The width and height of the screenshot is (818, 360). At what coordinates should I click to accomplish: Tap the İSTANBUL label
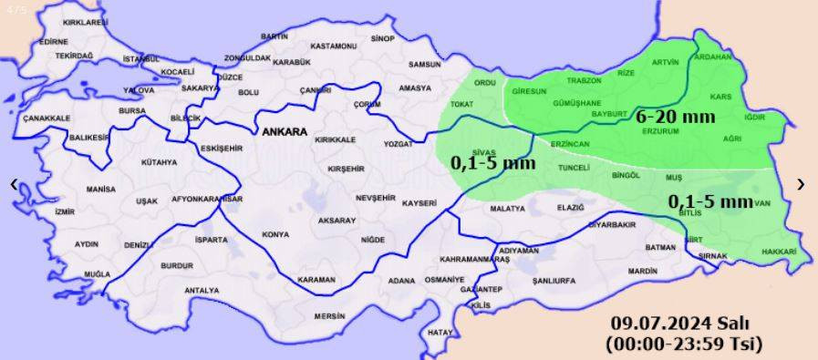(140, 59)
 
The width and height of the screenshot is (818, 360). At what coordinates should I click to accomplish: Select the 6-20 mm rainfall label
(675, 117)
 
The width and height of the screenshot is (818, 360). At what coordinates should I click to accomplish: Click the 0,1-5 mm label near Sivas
(492, 164)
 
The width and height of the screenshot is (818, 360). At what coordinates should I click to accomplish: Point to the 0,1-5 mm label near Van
(710, 201)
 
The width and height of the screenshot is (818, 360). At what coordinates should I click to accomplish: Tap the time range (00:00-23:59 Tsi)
(682, 344)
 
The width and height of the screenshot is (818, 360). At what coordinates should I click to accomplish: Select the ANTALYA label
(202, 291)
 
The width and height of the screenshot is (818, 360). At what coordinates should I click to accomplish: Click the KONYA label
(275, 234)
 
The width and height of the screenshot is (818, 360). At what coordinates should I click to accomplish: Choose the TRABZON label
(585, 80)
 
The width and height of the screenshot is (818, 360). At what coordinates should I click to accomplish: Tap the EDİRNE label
(54, 41)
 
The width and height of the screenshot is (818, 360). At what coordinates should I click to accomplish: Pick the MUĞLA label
(97, 273)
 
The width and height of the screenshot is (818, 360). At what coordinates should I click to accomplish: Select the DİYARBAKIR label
(610, 223)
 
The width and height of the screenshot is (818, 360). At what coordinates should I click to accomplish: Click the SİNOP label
(383, 38)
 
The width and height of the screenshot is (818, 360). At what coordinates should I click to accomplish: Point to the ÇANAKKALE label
(47, 118)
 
